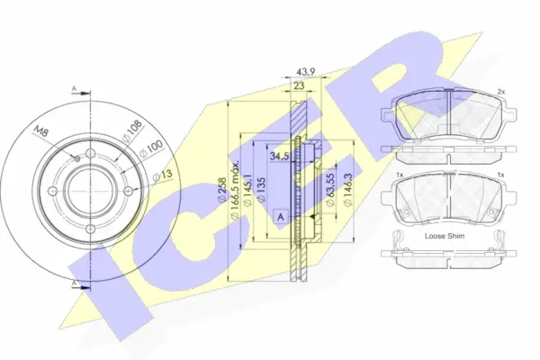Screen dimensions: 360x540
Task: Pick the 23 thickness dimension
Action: point(298,87)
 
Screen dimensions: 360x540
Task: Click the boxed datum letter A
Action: point(282,217)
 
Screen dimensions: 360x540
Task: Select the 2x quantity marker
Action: point(501,92)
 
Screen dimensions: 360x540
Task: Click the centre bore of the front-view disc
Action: point(79,189)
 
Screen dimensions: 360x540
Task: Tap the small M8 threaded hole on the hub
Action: point(78,158)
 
